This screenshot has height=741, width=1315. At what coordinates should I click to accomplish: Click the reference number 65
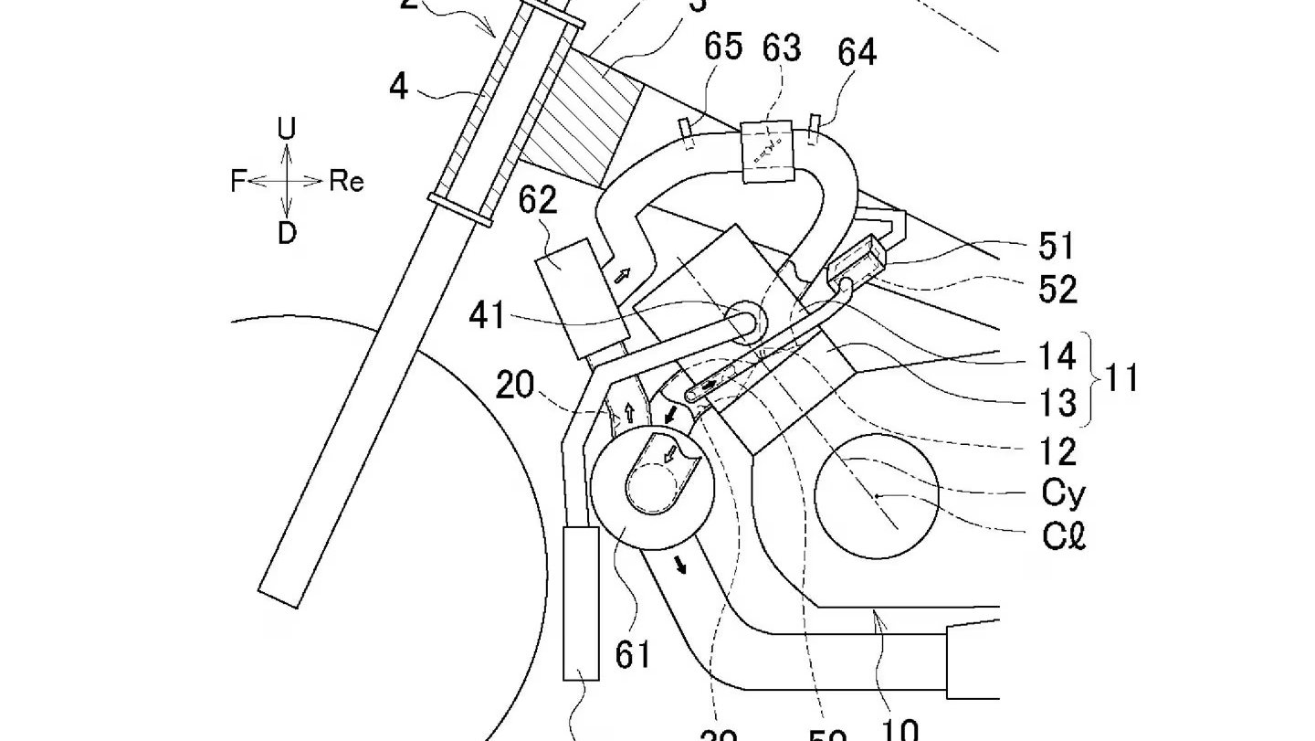(x=722, y=48)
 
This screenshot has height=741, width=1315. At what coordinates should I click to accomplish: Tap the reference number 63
(x=783, y=48)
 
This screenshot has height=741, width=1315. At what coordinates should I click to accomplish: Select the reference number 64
(x=857, y=52)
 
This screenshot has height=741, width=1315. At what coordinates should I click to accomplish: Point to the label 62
(x=538, y=200)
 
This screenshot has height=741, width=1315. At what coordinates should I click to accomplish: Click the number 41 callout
(x=487, y=315)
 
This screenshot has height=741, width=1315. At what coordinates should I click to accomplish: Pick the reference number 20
(x=515, y=386)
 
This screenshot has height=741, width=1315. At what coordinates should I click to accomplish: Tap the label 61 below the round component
(x=632, y=654)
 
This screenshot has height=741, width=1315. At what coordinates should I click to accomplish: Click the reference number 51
(x=1057, y=247)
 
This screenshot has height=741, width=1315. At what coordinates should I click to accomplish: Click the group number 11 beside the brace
(x=1121, y=376)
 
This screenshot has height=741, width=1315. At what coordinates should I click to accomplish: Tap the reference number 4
(x=398, y=87)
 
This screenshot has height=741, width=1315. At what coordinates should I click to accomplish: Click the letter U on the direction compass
(x=287, y=129)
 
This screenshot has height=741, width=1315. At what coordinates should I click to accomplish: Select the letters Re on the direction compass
(x=346, y=182)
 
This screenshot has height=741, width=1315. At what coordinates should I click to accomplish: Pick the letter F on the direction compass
(x=238, y=182)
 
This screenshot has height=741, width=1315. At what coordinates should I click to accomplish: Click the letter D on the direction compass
(x=287, y=234)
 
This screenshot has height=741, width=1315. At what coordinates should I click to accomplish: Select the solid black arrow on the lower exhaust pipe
(x=681, y=566)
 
